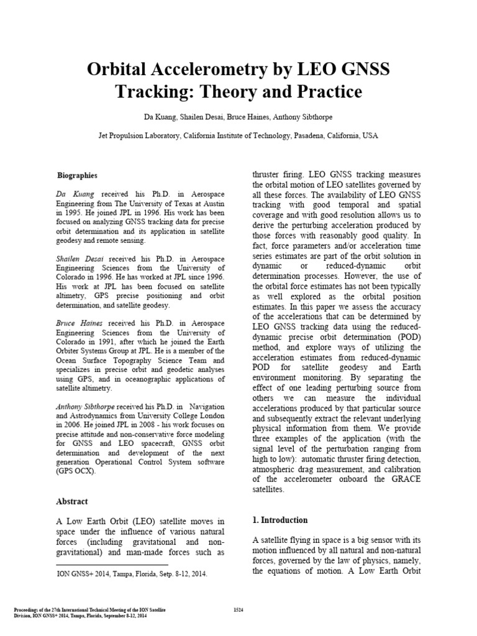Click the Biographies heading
[77, 176]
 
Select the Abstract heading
[72, 501]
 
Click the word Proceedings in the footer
[29, 611]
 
